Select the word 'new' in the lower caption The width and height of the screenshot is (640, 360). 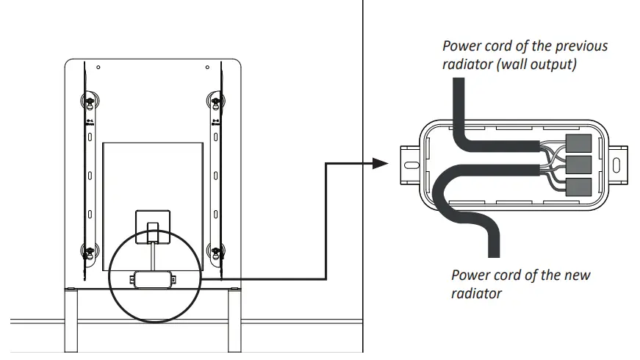click(x=575, y=276)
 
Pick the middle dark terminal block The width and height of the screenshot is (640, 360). click(x=580, y=164)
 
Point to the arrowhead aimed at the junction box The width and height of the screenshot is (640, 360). click(x=381, y=162)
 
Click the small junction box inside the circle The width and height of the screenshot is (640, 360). click(x=153, y=278)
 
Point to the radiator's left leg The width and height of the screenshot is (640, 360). click(x=71, y=323)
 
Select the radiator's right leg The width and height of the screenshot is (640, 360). click(x=234, y=323)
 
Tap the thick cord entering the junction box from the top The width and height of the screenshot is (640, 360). click(x=458, y=103)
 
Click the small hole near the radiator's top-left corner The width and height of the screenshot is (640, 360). click(x=99, y=68)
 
